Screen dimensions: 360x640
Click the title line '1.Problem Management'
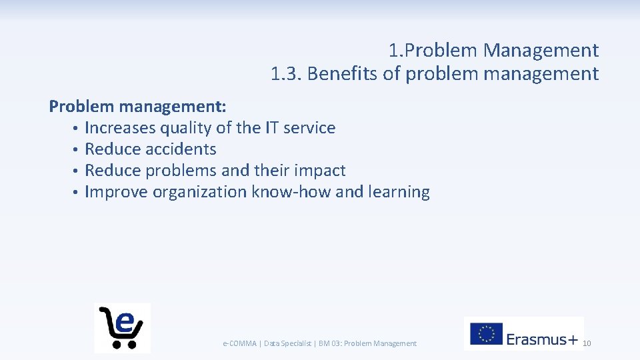coord(493,50)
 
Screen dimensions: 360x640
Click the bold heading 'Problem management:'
coord(138,107)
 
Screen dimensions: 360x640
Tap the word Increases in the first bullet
coord(119,128)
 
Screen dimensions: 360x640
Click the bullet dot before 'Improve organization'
coord(77,193)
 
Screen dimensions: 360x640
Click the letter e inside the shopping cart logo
coord(124,321)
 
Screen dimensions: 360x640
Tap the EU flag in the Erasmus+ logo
coord(486,334)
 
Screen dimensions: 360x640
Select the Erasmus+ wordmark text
coord(542,339)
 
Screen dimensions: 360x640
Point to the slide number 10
coord(587,343)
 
